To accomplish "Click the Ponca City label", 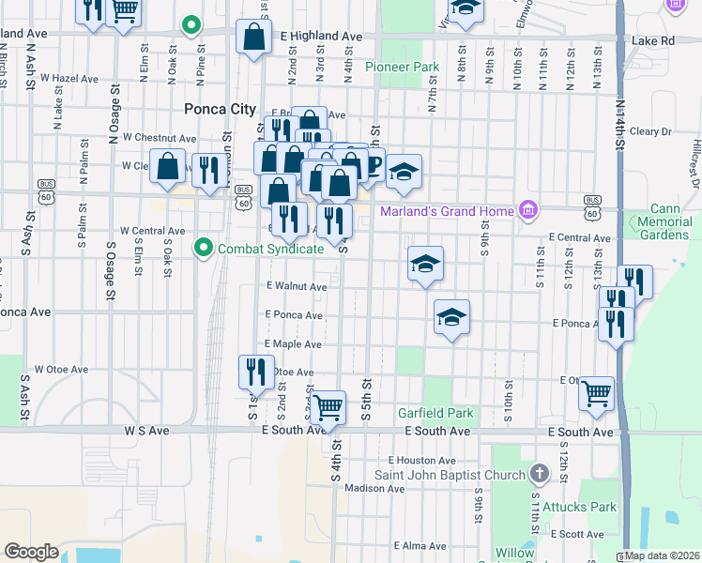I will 221,109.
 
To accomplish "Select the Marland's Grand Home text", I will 447,210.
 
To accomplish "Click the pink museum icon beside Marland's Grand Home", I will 527,209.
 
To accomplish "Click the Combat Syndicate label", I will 270,249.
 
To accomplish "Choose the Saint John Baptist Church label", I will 450,475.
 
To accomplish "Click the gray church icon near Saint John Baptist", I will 538,473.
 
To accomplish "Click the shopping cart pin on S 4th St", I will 328,409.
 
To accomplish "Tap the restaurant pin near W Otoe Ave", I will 255,373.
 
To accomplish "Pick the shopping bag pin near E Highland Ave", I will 254,38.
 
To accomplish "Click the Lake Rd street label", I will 653,41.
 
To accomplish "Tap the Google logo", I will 31,552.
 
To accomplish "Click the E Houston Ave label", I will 422,461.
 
